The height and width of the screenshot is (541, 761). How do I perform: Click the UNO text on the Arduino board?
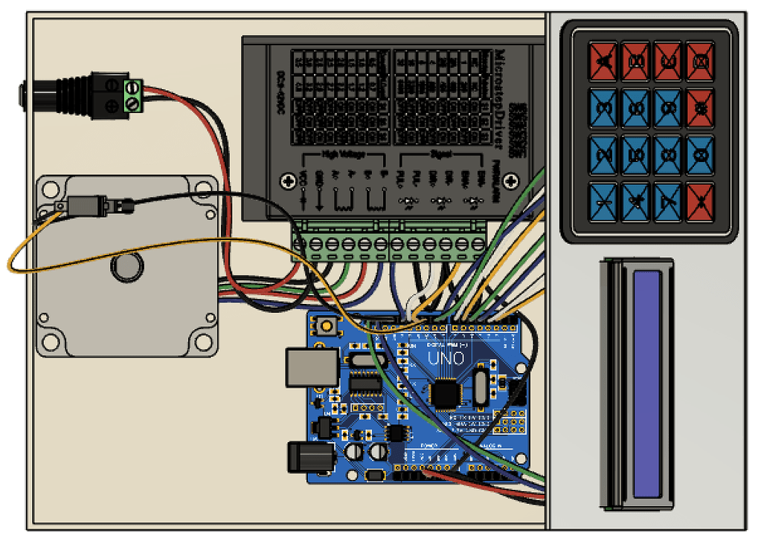coord(446,358)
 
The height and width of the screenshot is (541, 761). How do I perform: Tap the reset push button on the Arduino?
coord(324,325)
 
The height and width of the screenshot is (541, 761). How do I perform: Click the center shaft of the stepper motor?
coord(126,267)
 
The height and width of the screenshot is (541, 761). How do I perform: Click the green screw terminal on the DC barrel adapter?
coord(133,96)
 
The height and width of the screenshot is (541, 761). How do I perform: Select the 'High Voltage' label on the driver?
coord(341,154)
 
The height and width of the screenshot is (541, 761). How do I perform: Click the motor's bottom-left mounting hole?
coord(51,342)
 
